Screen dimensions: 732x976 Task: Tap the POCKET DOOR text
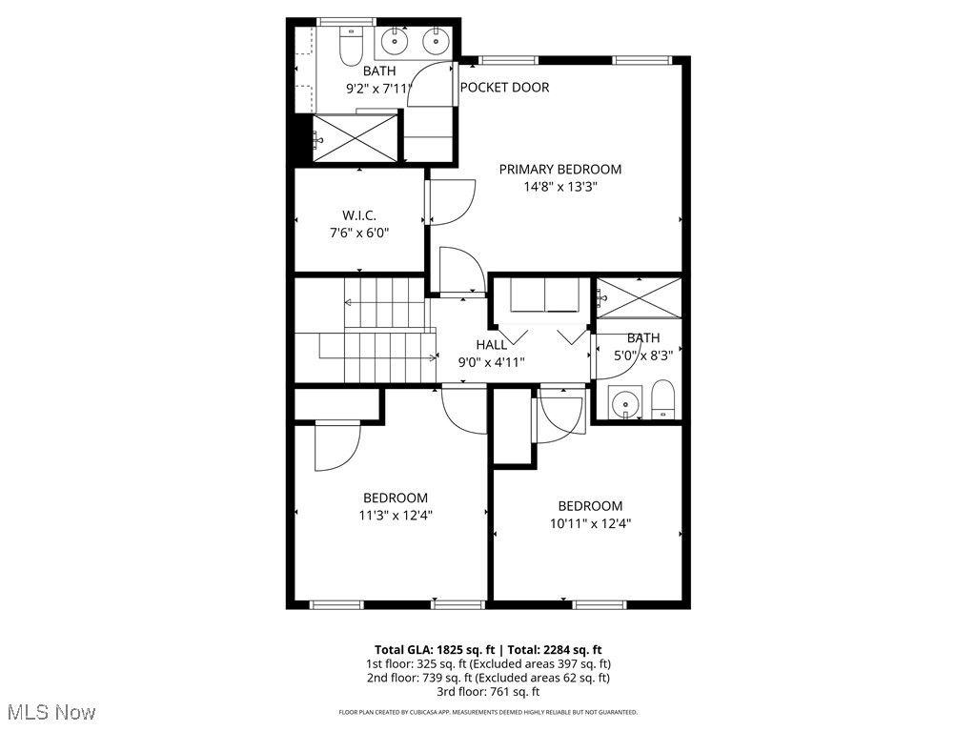tap(504, 88)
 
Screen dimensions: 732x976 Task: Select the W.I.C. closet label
tap(358, 215)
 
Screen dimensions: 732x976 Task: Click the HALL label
tap(492, 344)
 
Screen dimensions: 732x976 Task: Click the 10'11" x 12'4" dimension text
tap(590, 523)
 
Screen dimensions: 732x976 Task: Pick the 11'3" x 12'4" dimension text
tap(395, 516)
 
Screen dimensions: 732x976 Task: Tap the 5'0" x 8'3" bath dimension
tap(643, 355)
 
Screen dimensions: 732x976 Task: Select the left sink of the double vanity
tap(394, 40)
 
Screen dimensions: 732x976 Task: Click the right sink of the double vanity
tap(436, 40)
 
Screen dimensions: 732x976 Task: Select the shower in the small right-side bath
tap(639, 297)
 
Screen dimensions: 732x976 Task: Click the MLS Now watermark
tap(51, 712)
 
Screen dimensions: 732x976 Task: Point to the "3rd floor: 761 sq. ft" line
tap(487, 692)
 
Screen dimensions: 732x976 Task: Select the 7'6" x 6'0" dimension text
tap(358, 233)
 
